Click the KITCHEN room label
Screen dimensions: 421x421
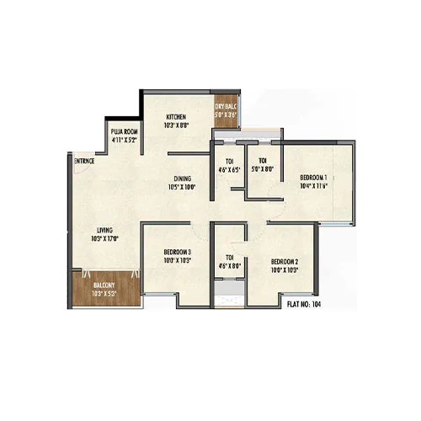[175, 116]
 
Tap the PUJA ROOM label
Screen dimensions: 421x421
[124, 132]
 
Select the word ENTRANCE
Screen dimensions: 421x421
[83, 160]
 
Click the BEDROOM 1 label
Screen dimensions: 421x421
[313, 177]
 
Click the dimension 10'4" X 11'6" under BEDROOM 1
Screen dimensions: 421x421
[313, 186]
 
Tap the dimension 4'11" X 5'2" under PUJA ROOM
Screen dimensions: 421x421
[124, 141]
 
